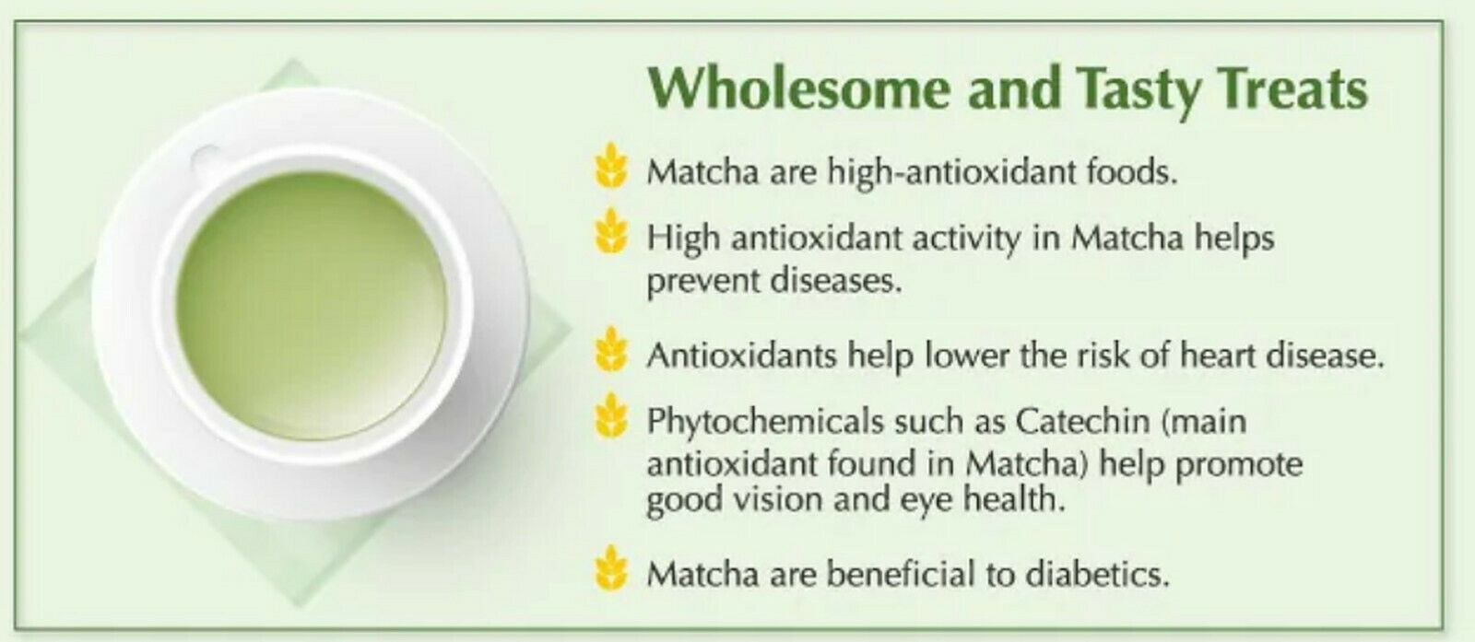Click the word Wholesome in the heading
click(x=798, y=88)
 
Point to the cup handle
click(x=206, y=158)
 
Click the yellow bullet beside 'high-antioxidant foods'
click(x=611, y=165)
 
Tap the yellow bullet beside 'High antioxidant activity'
click(x=611, y=231)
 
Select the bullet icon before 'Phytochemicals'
click(x=611, y=415)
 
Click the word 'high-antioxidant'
click(x=950, y=173)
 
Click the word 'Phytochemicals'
click(x=765, y=422)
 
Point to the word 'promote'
click(x=1239, y=466)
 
